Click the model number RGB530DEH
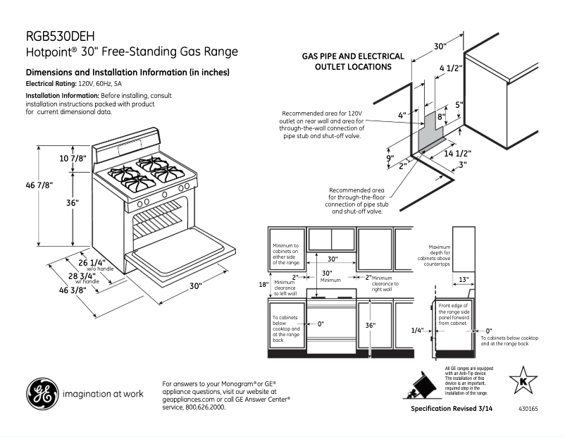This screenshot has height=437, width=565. [60, 36]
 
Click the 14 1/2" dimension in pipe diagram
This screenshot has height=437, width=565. [457, 153]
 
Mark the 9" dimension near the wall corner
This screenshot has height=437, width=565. [390, 159]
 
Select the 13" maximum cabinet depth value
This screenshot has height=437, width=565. [464, 279]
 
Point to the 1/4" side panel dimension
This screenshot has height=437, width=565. [417, 330]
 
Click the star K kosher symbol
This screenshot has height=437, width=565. [523, 381]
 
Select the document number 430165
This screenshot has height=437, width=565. [528, 410]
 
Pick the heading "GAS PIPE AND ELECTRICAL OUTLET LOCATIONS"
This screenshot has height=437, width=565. [353, 61]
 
